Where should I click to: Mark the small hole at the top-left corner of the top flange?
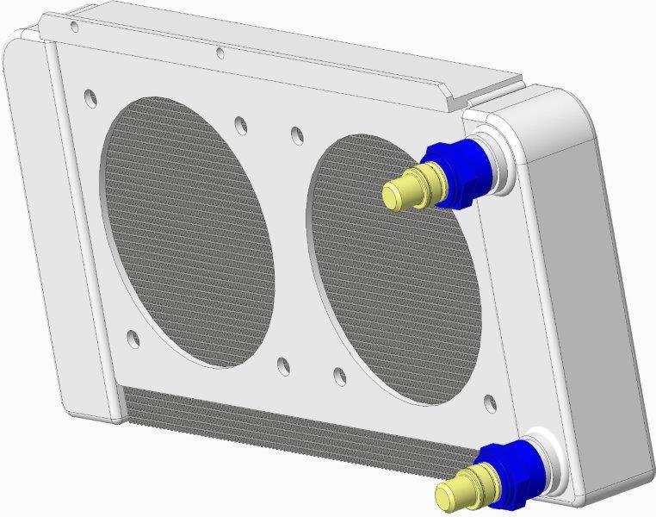point(74,27)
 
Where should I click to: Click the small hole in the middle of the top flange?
point(220,53)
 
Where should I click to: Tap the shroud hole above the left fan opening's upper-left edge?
point(90,93)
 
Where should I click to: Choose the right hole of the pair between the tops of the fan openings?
point(297,134)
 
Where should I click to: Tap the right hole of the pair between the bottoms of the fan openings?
point(339,376)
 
